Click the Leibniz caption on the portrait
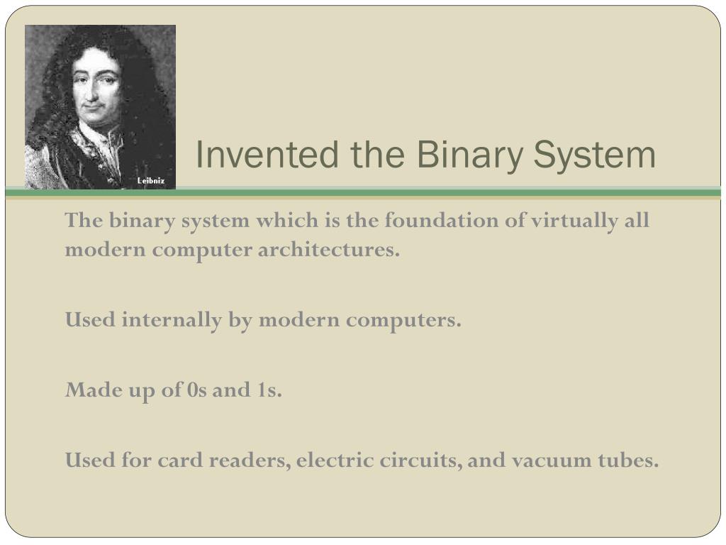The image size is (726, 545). (x=150, y=181)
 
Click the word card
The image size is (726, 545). (x=180, y=461)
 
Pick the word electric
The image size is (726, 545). (x=327, y=461)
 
